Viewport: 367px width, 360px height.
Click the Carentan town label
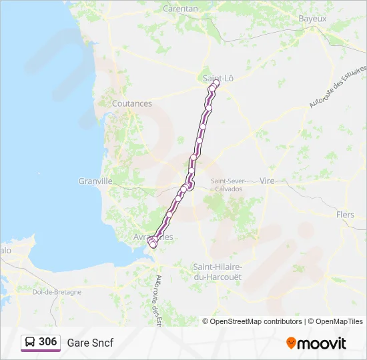point(181,9)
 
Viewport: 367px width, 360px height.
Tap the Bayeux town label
point(312,19)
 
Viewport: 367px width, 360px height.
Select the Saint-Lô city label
point(218,78)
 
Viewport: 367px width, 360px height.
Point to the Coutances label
point(132,103)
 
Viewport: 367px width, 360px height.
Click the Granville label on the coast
point(95,181)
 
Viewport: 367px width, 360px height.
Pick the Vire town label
point(267,181)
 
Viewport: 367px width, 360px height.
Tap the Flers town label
point(346,215)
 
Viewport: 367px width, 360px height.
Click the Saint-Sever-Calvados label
point(226,185)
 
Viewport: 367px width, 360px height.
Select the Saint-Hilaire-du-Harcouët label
point(217,271)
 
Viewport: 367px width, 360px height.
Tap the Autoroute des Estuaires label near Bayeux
point(338,87)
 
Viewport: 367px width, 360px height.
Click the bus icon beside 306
point(30,342)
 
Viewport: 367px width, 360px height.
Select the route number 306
point(48,342)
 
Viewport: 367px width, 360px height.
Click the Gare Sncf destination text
point(90,343)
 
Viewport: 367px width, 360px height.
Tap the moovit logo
point(316,343)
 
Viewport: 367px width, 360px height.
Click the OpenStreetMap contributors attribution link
point(256,321)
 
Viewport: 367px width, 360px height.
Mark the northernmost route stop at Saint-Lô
point(216,84)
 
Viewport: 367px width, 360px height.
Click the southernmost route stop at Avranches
point(153,245)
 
